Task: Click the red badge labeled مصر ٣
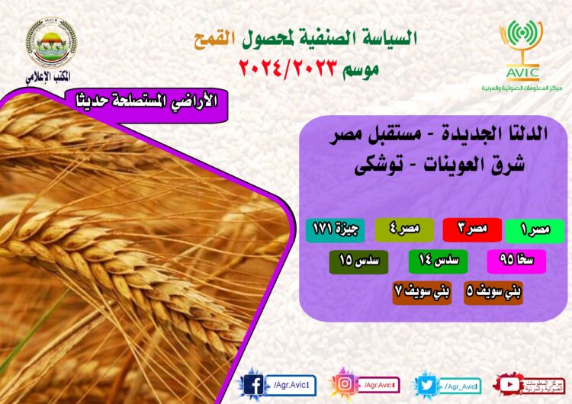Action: (x=471, y=229)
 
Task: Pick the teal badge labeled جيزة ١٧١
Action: (x=336, y=229)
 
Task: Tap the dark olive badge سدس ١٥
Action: (x=358, y=261)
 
